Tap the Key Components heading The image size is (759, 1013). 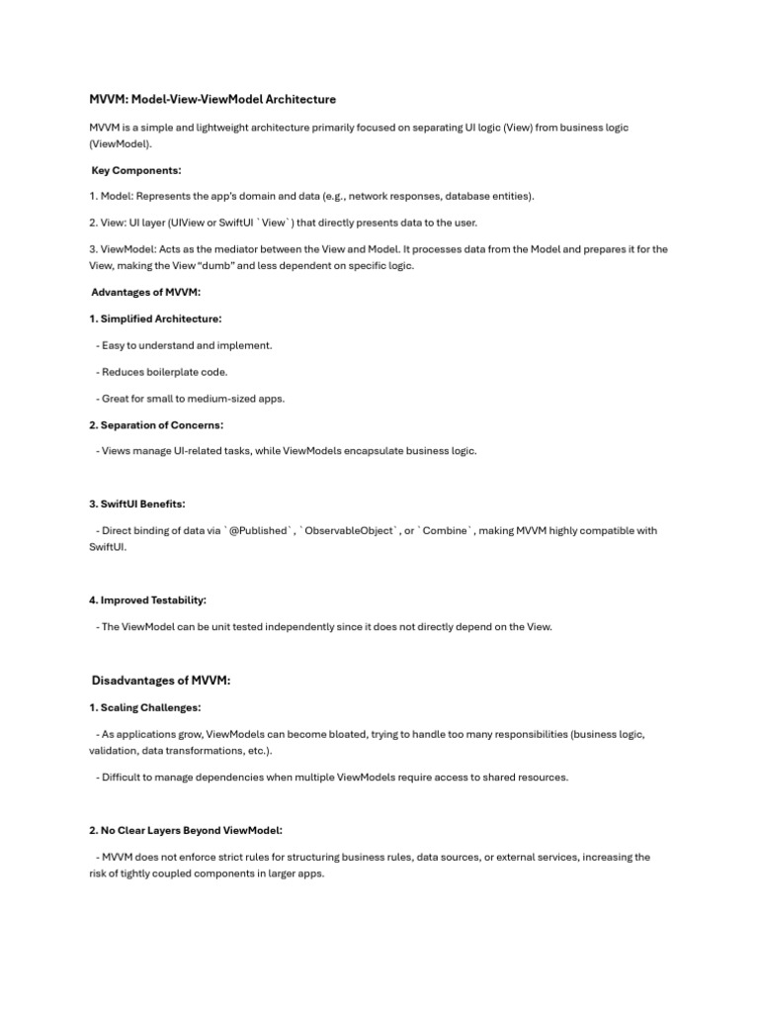(136, 170)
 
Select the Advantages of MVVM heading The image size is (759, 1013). (145, 292)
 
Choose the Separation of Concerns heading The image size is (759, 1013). (156, 424)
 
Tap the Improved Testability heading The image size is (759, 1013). (147, 599)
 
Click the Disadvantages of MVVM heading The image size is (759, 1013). (160, 681)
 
